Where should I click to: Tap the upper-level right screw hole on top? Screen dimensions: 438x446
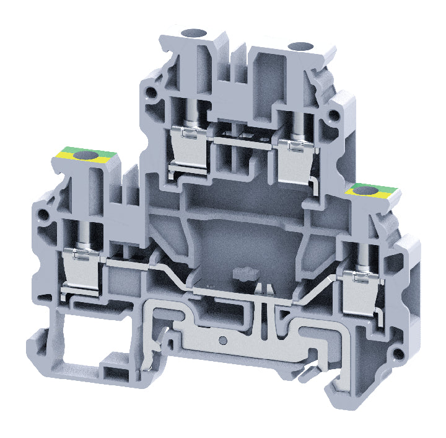[x=302, y=45]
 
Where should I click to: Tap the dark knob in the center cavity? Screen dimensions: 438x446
[x=238, y=273]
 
